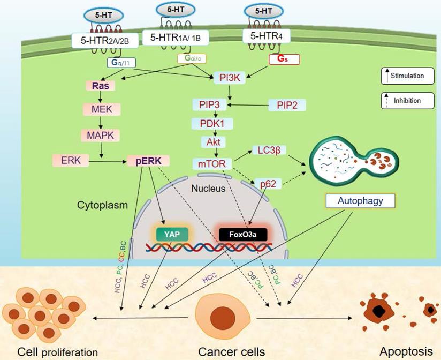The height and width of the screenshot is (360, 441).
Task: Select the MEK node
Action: pos(101,110)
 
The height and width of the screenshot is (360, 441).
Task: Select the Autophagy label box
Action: pos(360,201)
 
